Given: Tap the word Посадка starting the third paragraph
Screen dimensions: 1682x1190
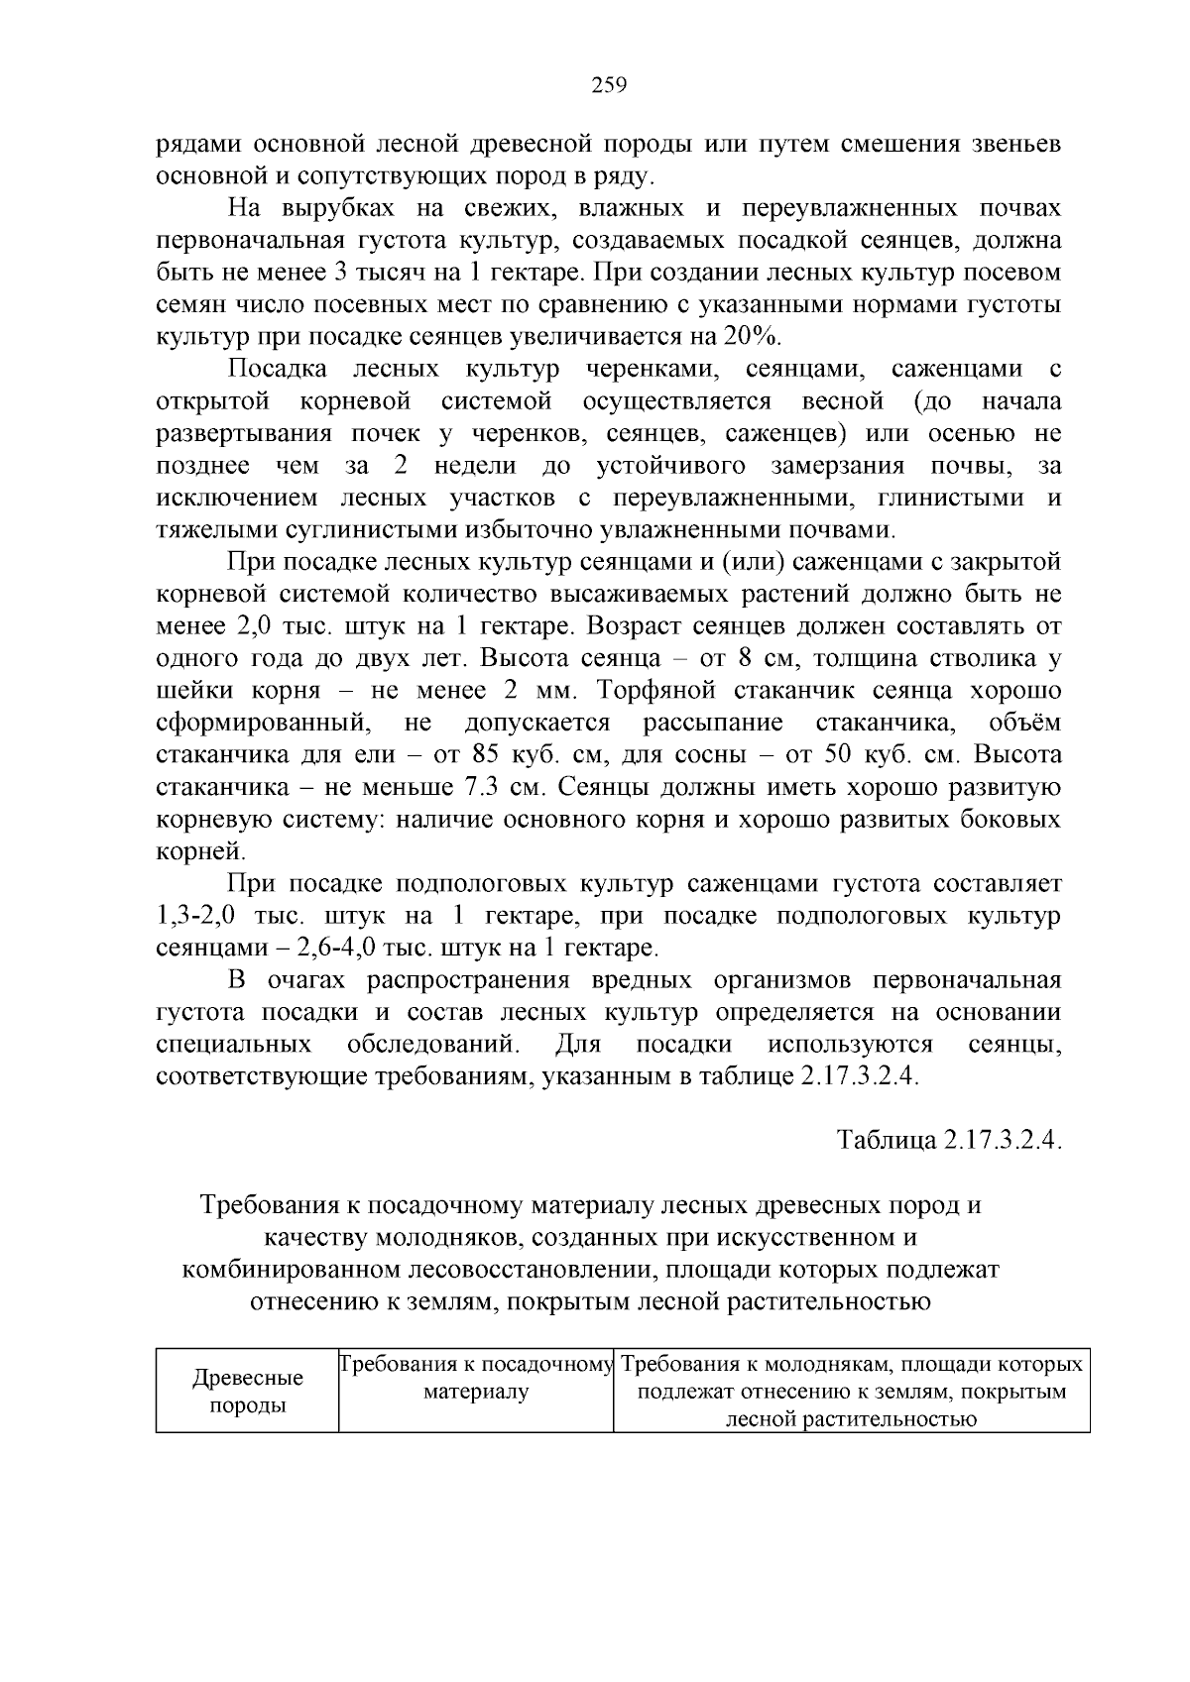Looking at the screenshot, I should point(277,369).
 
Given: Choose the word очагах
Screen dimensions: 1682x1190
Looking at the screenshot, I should point(305,980).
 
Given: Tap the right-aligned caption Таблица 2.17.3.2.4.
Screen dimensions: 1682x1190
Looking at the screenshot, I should point(949,1140).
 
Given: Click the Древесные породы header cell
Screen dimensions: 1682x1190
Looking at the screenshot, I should point(248,1392).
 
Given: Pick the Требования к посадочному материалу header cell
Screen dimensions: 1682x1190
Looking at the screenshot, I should point(476,1379).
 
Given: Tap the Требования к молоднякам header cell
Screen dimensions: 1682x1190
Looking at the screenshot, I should point(851,1392).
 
